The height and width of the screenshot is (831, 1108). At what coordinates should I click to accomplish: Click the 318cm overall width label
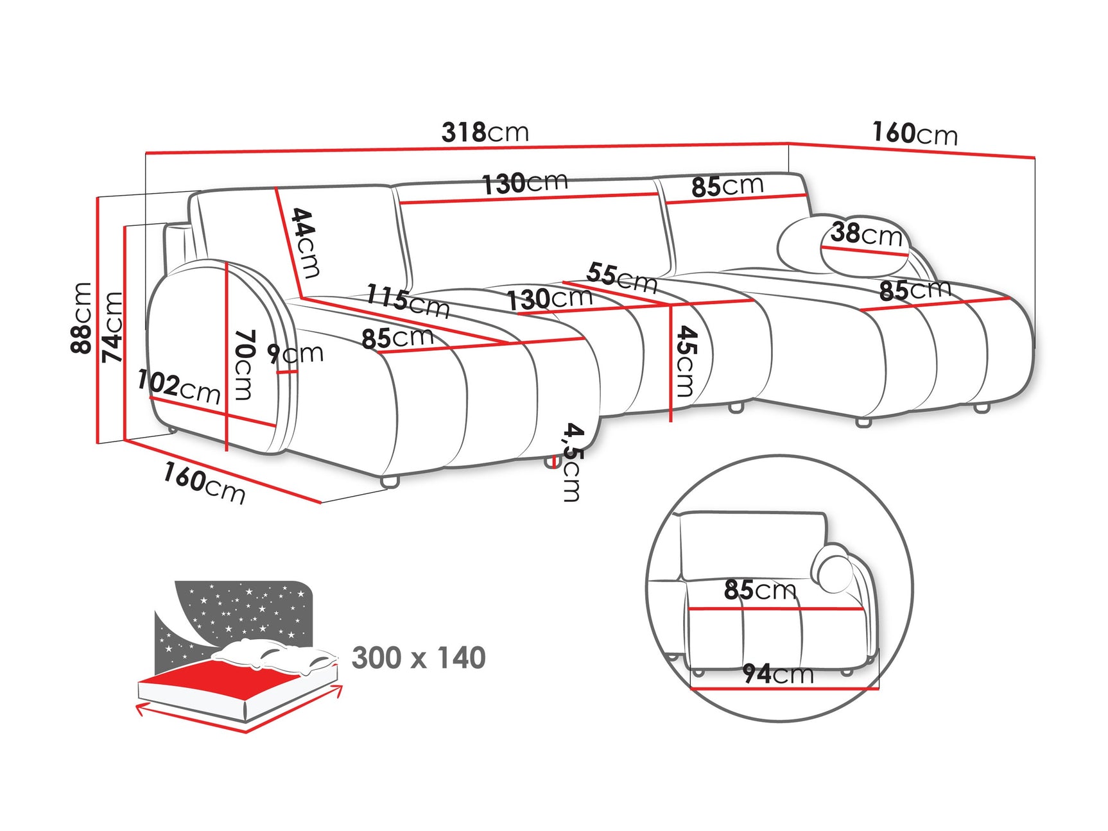485,133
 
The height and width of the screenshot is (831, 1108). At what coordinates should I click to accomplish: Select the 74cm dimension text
112,327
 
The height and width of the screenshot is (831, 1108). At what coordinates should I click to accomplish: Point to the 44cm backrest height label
306,243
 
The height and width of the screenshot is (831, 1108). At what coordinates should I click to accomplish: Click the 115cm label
408,301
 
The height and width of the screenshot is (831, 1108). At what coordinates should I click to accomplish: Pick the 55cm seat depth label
621,277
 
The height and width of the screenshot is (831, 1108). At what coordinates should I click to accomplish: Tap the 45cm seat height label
686,361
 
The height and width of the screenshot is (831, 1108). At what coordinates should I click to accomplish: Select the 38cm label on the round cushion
866,234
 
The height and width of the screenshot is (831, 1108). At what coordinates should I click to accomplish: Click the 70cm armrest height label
244,364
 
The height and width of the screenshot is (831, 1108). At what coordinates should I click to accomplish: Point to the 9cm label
295,354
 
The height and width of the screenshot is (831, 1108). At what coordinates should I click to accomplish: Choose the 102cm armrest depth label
178,387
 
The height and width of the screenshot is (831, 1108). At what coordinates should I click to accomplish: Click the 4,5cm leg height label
572,461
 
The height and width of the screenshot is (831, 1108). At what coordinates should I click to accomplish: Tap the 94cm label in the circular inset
778,674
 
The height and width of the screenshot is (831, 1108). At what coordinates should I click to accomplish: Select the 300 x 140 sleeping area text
419,658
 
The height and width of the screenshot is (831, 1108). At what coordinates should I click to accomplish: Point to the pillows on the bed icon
276,656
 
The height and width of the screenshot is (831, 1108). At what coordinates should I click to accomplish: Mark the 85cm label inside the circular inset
759,590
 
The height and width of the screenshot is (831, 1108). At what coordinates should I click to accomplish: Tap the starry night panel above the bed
244,610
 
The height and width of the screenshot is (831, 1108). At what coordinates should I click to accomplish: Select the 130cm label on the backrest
525,184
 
